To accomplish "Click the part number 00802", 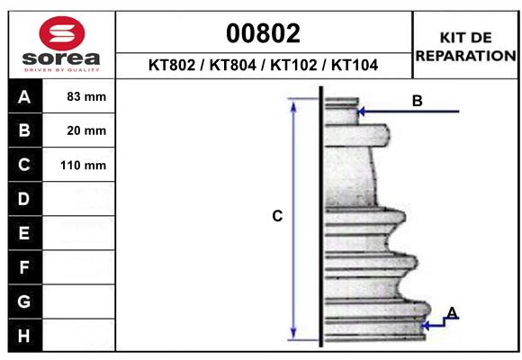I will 264,34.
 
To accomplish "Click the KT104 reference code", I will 354,66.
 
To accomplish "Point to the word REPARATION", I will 465,55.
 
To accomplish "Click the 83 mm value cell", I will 86,96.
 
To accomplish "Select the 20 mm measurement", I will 86,130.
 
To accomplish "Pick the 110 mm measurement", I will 84,166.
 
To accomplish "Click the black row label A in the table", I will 24,96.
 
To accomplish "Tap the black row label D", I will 24,199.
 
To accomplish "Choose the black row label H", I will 24,336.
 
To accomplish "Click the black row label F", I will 24,267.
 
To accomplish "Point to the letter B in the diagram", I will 417,101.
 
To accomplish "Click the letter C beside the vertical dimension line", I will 278,216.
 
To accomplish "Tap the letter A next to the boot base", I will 452,312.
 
